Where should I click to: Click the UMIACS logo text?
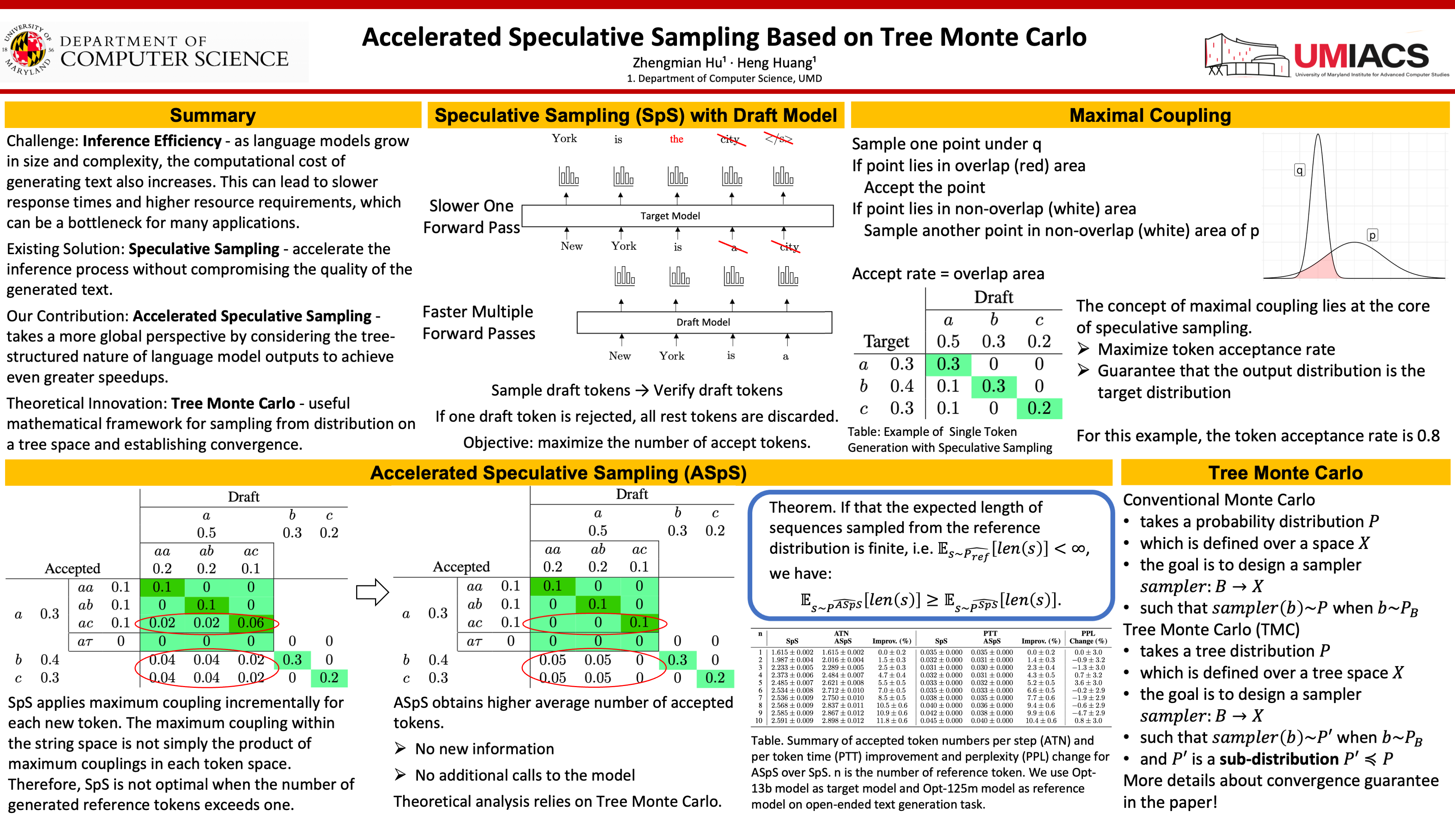1361,56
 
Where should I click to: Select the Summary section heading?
212,115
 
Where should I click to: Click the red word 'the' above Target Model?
676,139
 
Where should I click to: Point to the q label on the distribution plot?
1299,170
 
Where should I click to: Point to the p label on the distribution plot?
1372,235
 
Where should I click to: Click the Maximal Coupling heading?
1150,115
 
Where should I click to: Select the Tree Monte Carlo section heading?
1285,473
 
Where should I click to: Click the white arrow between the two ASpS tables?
372,592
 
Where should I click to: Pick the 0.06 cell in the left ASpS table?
251,623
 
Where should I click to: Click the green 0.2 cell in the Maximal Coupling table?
1039,408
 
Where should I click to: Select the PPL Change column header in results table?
1088,637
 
